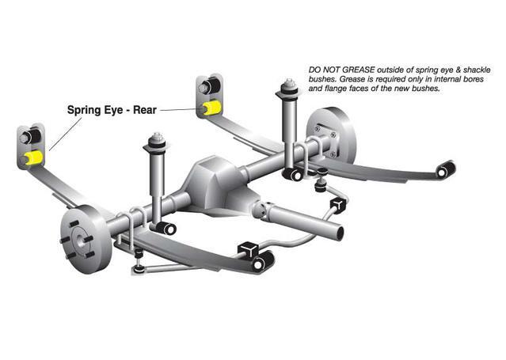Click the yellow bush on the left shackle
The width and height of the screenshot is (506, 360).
34,157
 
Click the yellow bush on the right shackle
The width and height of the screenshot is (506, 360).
211,108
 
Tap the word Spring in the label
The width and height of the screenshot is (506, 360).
84,110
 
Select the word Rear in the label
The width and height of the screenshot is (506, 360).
145,110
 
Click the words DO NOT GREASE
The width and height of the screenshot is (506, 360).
342,70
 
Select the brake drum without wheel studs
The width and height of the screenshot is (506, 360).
330,136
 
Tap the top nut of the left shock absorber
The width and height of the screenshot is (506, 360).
157,138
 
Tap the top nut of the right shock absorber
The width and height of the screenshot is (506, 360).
289,82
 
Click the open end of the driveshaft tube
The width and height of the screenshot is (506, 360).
337,231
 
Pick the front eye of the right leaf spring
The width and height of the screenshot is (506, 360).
446,169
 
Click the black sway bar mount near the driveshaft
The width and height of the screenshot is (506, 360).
338,205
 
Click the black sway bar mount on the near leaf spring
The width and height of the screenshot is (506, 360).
248,249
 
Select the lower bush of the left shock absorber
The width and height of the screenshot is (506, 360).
166,228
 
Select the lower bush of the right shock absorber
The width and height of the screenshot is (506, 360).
294,175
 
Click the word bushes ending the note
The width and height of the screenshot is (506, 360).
425,88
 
